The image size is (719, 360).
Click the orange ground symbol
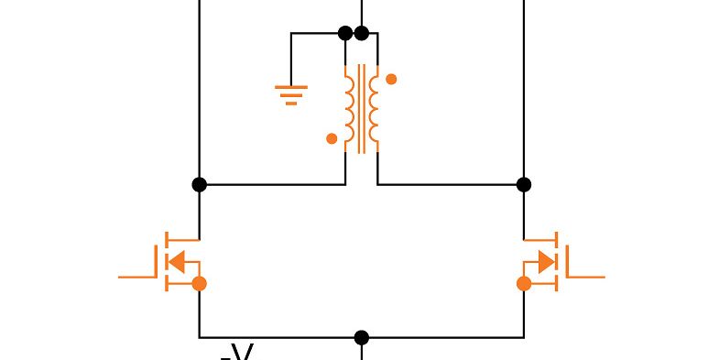point(291,94)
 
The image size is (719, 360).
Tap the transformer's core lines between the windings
point(362,109)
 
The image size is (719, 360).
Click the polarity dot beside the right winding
point(391,79)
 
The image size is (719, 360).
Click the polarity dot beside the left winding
point(332,139)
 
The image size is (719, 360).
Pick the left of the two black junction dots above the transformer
point(345,34)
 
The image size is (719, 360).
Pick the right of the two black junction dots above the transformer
point(362,34)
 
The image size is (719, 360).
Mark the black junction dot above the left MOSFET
point(200,184)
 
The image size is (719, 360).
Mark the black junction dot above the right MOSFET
point(524,184)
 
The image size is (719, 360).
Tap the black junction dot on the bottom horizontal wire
point(362,337)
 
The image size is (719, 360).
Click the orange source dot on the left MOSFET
point(200,284)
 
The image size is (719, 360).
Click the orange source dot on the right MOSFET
point(524,284)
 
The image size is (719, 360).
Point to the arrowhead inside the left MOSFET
point(179,262)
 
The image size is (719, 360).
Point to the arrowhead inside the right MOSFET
point(546,262)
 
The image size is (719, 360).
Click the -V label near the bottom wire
point(237,352)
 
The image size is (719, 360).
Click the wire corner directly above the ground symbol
point(291,34)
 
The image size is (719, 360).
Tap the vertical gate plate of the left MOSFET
point(157,262)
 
